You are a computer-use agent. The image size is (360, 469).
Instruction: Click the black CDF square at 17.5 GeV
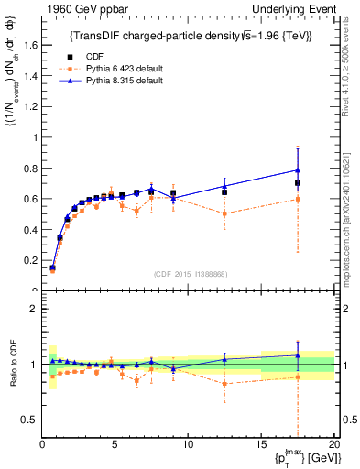coord(298,183)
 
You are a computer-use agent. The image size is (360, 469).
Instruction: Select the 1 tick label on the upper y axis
coord(34,137)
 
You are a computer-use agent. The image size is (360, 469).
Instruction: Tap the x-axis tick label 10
coord(188,444)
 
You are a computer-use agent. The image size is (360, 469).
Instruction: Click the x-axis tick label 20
coord(333,444)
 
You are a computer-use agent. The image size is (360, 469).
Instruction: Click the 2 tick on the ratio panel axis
coord(34,309)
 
